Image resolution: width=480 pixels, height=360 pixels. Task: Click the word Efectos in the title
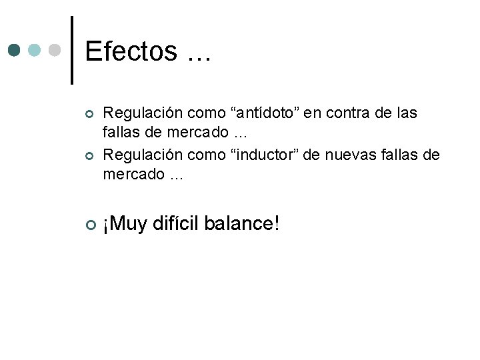(x=131, y=51)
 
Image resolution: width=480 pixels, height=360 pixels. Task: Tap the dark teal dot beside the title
(x=15, y=50)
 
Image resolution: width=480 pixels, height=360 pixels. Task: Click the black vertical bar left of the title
(x=72, y=50)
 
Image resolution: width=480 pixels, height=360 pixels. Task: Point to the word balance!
(x=241, y=224)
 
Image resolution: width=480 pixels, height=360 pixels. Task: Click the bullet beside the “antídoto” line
(x=89, y=115)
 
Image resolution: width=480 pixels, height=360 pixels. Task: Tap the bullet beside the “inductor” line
(x=89, y=156)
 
